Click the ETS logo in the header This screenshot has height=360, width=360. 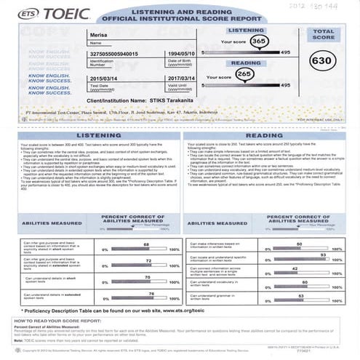point(23,13)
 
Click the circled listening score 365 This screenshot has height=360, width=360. point(257,43)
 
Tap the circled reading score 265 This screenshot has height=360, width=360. point(244,74)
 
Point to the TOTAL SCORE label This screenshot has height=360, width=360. point(323,35)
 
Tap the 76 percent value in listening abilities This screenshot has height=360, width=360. point(151,293)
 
